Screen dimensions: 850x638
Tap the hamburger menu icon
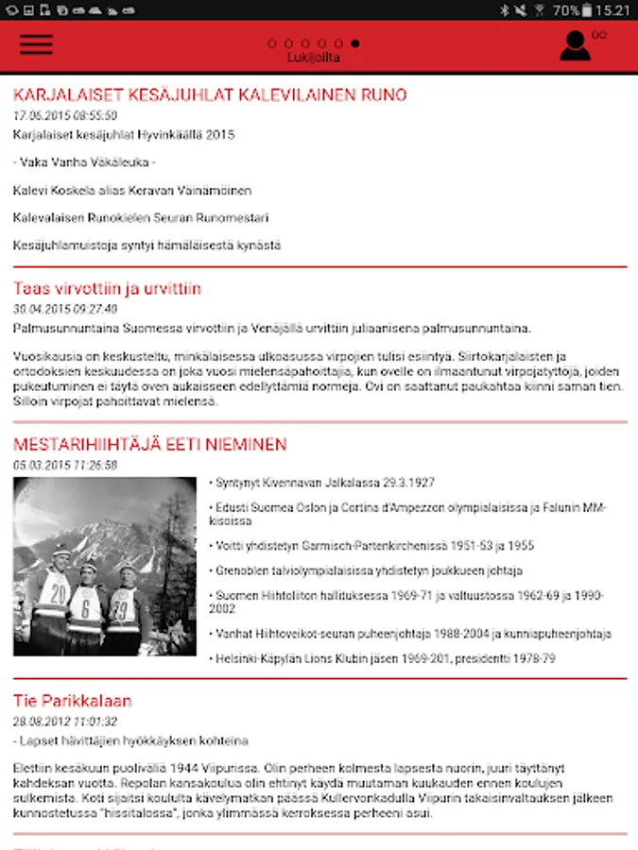pyautogui.click(x=36, y=44)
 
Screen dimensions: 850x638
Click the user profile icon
pyautogui.click(x=575, y=45)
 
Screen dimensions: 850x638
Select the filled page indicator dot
pyautogui.click(x=354, y=43)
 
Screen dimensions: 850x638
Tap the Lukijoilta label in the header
pyautogui.click(x=314, y=58)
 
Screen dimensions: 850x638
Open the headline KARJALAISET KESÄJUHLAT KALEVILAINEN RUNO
pyautogui.click(x=210, y=95)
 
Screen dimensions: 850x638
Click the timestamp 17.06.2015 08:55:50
pyautogui.click(x=65, y=115)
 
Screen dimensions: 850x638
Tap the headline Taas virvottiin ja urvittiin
pyautogui.click(x=107, y=289)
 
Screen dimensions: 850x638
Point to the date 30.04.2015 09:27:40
pyautogui.click(x=65, y=309)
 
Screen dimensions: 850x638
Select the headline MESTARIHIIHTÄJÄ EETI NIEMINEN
pyautogui.click(x=149, y=444)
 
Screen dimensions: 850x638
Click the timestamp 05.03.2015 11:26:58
pyautogui.click(x=65, y=465)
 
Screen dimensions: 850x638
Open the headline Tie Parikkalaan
pyautogui.click(x=72, y=701)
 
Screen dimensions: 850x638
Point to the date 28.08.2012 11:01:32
pyautogui.click(x=65, y=722)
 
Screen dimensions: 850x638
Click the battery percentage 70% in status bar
pyautogui.click(x=565, y=10)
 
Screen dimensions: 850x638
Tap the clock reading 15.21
pyautogui.click(x=612, y=10)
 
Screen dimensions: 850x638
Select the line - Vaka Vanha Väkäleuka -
pyautogui.click(x=84, y=162)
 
